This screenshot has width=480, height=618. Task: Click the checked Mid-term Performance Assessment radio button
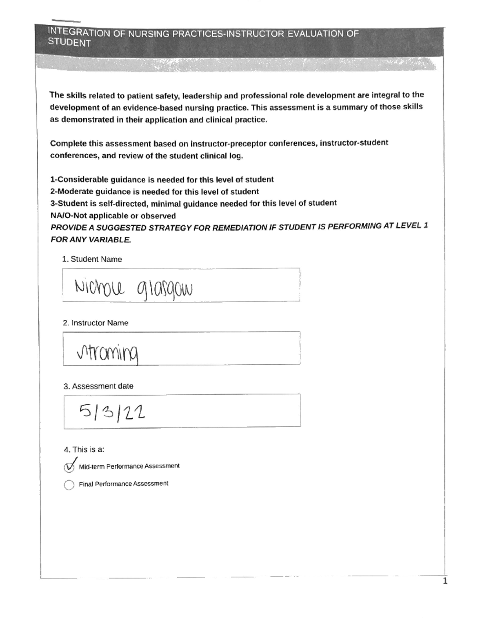(x=69, y=467)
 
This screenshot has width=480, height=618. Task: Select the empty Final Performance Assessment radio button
(x=69, y=485)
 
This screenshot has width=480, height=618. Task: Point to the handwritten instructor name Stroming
(x=108, y=353)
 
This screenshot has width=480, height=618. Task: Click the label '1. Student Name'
(x=92, y=259)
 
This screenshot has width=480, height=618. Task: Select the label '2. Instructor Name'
(x=96, y=323)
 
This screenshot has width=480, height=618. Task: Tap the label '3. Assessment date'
(x=98, y=386)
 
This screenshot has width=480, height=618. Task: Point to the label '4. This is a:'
(x=84, y=449)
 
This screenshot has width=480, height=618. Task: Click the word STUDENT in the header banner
(x=69, y=43)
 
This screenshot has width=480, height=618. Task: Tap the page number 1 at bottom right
(x=445, y=581)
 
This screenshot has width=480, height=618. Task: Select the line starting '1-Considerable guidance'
(x=162, y=179)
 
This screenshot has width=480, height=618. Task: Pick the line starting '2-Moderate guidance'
(x=154, y=191)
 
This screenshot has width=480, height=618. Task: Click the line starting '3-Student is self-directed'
(x=193, y=203)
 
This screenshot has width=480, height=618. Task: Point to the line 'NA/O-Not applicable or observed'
(x=113, y=216)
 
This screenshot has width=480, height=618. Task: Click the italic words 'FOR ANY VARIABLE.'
(x=91, y=240)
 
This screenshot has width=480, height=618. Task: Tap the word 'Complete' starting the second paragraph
(x=68, y=143)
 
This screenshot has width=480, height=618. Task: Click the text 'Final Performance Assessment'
(x=123, y=484)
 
